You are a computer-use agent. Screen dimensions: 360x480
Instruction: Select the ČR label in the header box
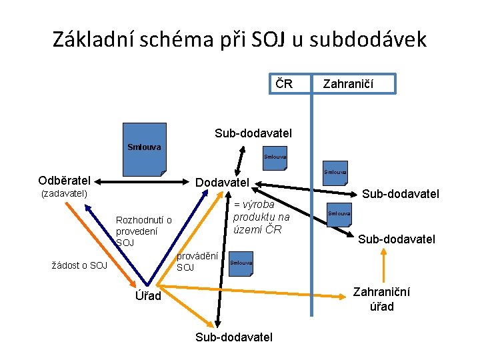pyautogui.click(x=284, y=83)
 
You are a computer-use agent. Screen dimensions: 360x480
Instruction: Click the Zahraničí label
pyautogui.click(x=347, y=84)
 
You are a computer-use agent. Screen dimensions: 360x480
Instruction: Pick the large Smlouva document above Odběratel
pyautogui.click(x=145, y=157)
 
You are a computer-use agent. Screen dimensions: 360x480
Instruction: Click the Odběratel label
pyautogui.click(x=65, y=181)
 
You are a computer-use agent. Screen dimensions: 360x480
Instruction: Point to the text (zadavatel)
pyautogui.click(x=65, y=194)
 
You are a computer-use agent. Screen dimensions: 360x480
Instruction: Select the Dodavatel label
pyautogui.click(x=221, y=182)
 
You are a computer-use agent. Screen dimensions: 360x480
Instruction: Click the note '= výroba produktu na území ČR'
pyautogui.click(x=261, y=217)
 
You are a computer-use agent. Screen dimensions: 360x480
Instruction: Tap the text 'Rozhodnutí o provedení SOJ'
pyautogui.click(x=143, y=231)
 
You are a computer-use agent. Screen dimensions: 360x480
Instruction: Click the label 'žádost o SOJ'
pyautogui.click(x=79, y=265)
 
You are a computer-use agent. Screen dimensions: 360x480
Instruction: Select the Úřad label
pyautogui.click(x=145, y=295)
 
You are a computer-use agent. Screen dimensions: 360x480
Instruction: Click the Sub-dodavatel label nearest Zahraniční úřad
pyautogui.click(x=397, y=239)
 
